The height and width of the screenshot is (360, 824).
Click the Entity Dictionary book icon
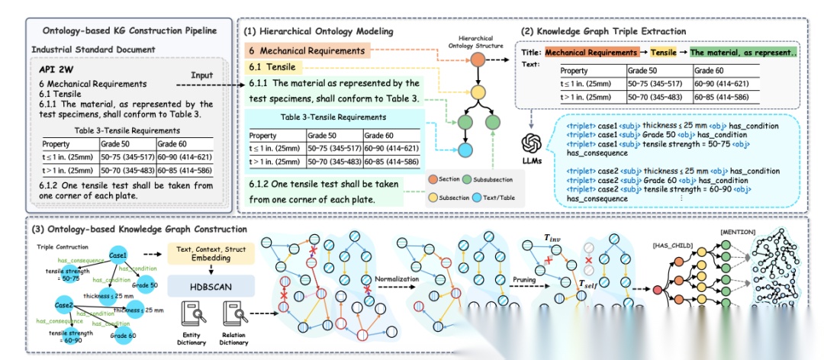191,313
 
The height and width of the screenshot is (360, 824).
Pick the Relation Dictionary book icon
232,313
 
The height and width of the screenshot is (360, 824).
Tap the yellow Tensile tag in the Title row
663,53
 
